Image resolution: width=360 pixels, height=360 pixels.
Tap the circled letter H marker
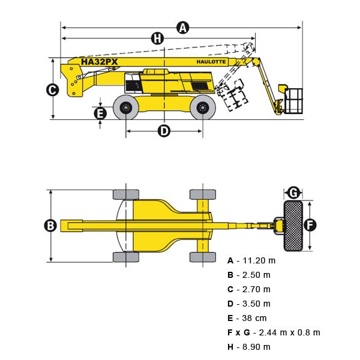[157, 38]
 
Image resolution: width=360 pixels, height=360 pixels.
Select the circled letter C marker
[52, 89]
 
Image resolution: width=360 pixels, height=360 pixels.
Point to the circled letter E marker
[100, 112]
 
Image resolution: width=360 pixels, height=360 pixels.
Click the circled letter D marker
[164, 130]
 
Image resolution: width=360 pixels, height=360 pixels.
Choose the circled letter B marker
[50, 226]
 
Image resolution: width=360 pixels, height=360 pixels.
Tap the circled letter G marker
[293, 193]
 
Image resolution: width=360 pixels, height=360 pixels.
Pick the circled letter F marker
[310, 225]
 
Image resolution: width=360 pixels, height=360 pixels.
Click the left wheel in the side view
[126, 108]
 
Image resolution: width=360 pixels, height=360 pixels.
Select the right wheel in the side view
[202, 108]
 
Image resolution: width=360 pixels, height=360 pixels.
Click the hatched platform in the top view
[293, 226]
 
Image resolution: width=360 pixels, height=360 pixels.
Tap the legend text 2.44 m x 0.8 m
[287, 332]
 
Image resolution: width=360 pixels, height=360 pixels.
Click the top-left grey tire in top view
[126, 194]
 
